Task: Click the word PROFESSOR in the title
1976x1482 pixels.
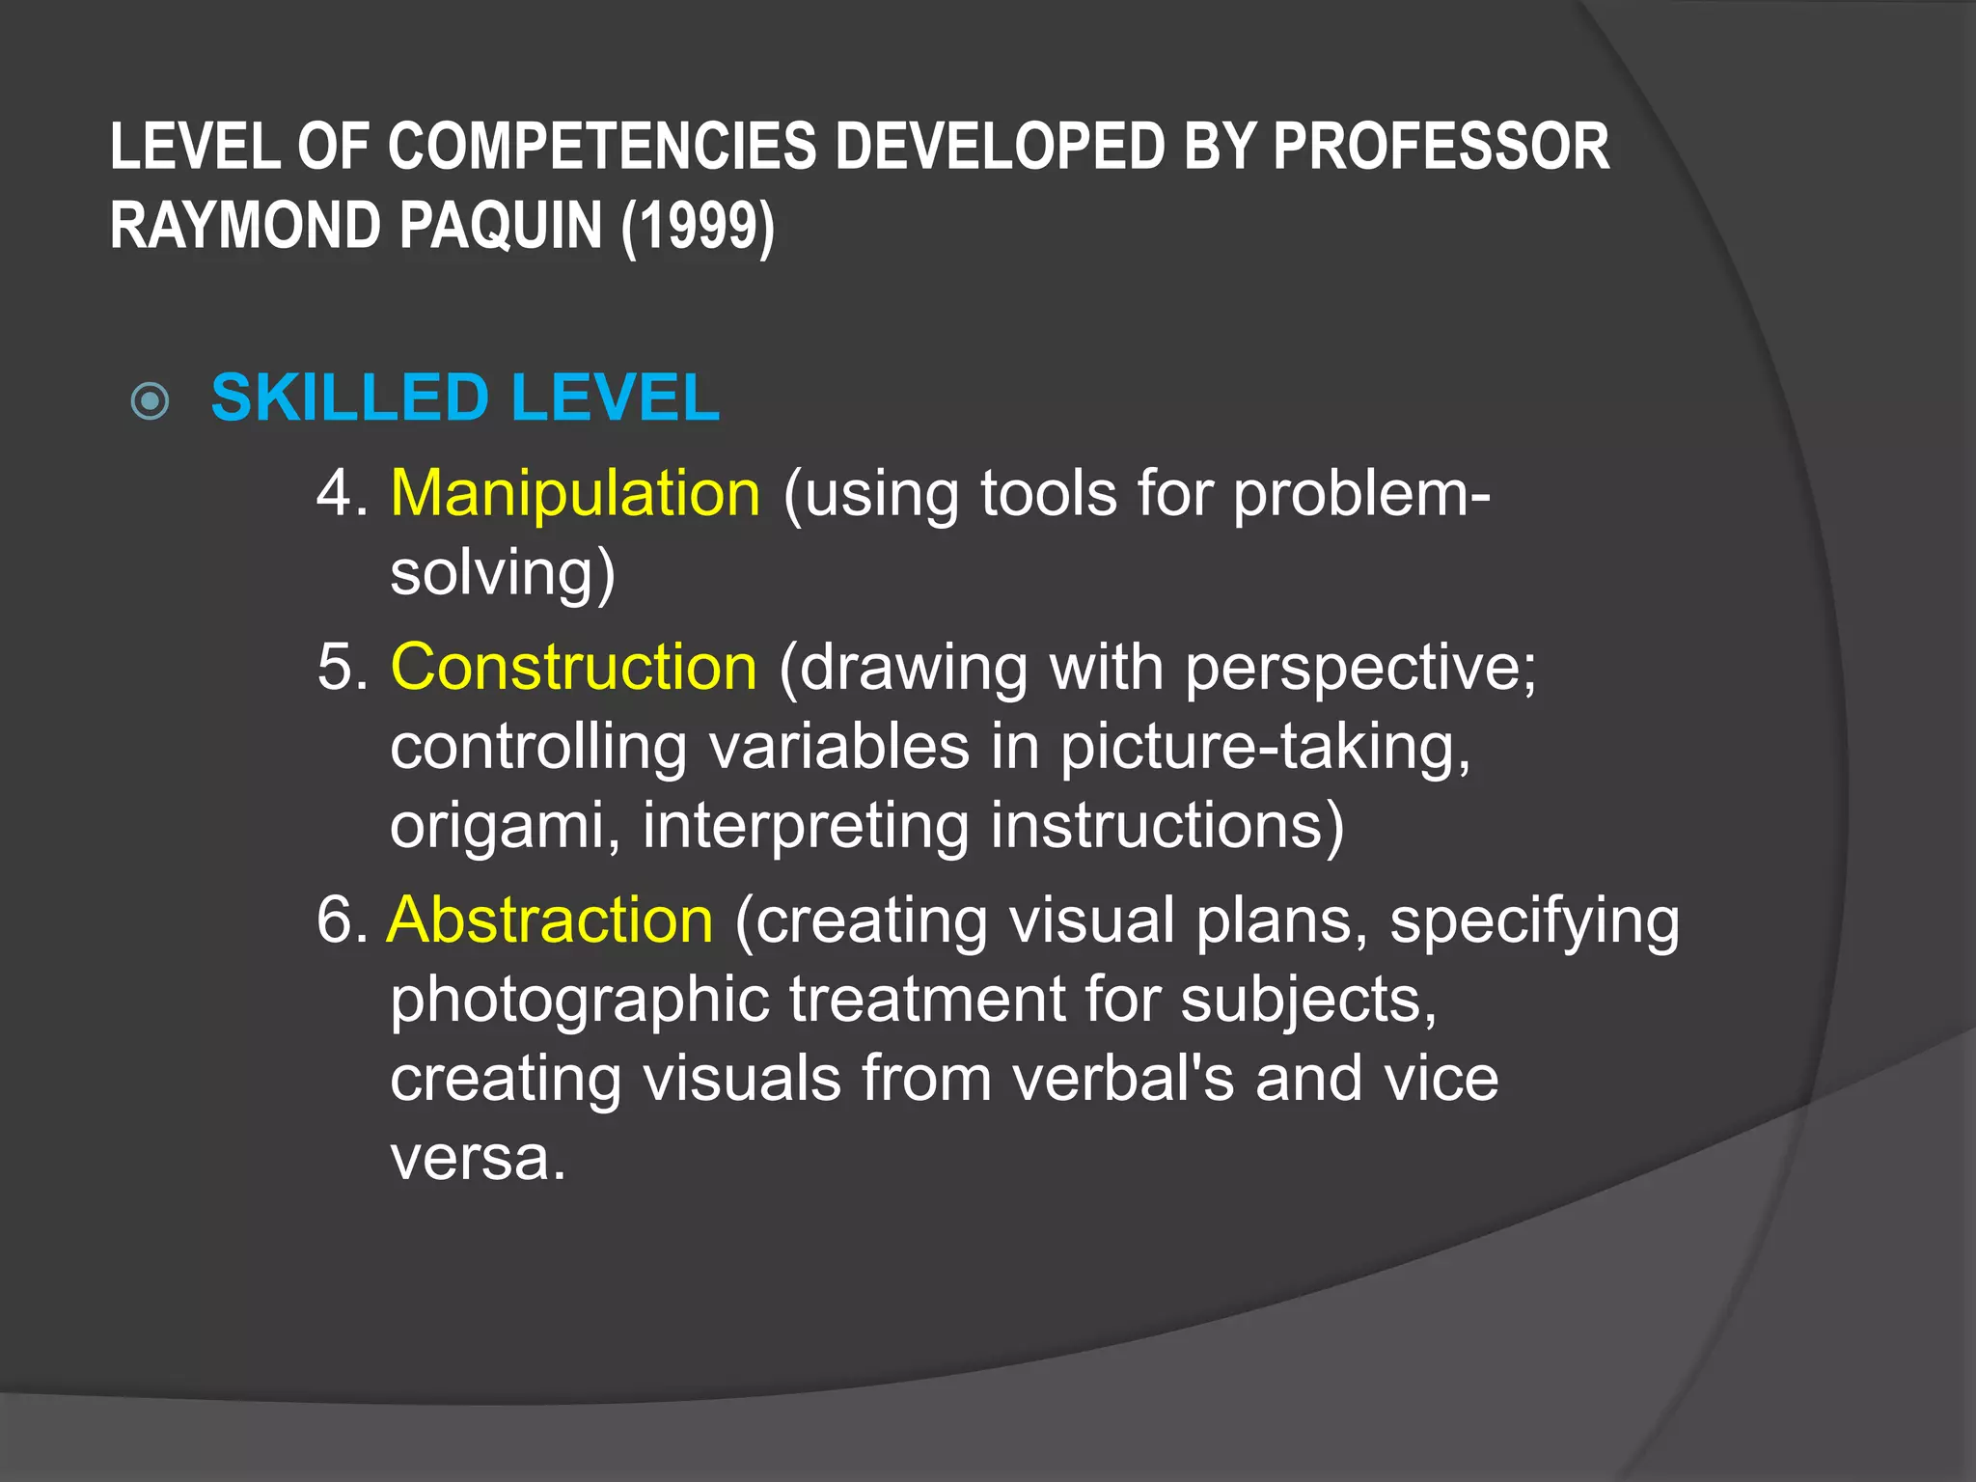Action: pos(1441,148)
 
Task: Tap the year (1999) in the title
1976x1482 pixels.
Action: pos(698,226)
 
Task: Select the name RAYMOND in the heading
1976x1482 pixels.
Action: pos(246,226)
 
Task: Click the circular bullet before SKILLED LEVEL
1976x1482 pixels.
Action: pos(151,401)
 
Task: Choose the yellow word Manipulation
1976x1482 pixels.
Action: pos(575,493)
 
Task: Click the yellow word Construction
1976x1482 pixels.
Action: pos(574,667)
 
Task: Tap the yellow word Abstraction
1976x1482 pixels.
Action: pos(550,919)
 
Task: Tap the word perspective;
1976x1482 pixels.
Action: pos(1360,669)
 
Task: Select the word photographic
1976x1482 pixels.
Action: pos(580,1001)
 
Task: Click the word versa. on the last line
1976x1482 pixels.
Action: pos(478,1157)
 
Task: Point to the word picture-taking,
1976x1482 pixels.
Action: pos(1265,748)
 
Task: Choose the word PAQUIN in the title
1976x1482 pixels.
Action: pos(501,226)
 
